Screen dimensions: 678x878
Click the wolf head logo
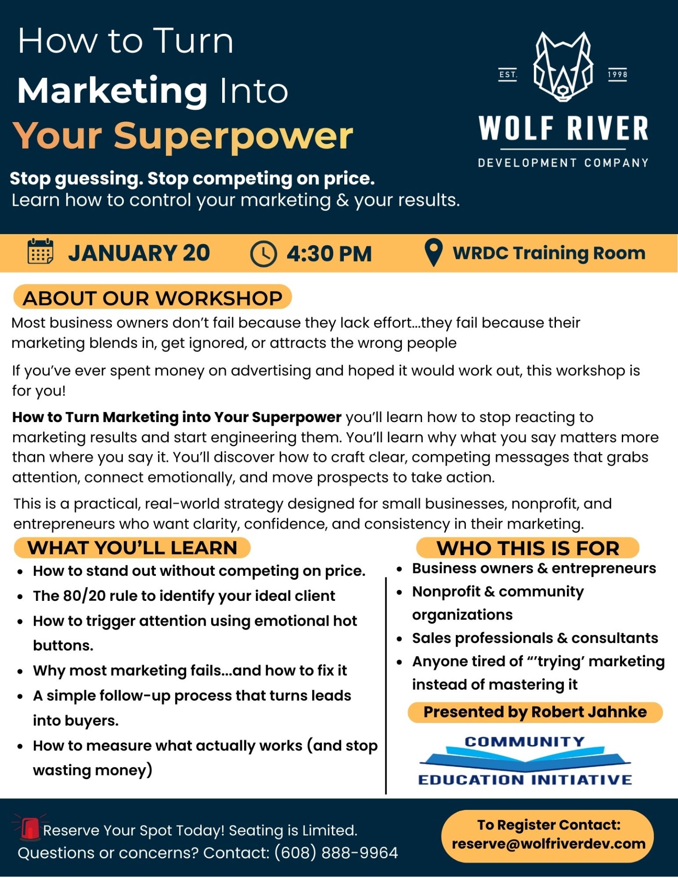(563, 67)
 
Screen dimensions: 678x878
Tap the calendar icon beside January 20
(40, 252)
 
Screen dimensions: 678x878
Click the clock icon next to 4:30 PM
(263, 254)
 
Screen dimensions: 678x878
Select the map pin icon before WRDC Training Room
(433, 252)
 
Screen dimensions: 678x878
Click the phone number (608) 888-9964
(336, 853)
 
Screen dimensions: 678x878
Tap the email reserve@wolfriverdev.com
(549, 844)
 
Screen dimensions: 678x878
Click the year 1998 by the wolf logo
(617, 75)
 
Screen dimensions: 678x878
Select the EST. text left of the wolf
(508, 75)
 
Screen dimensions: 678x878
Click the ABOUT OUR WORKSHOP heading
(153, 298)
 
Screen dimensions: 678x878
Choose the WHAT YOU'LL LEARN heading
(132, 548)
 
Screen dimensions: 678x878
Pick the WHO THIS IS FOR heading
(528, 548)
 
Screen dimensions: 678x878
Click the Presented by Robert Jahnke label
(535, 712)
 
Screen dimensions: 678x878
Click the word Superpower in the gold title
(233, 137)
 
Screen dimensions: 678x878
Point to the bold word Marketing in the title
(112, 91)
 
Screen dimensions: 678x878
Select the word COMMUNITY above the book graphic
(525, 742)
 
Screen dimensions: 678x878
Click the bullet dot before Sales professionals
(400, 639)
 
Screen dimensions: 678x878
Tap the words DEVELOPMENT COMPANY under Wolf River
(563, 163)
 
